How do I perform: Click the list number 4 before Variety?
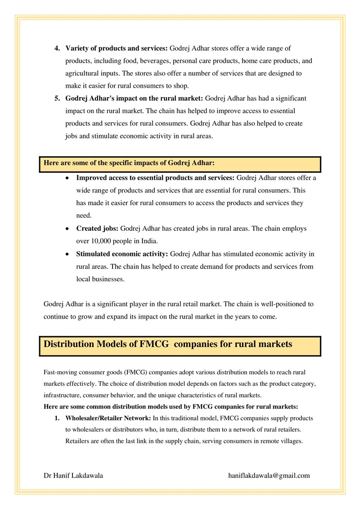point(57,48)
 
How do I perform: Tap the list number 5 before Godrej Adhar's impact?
point(57,98)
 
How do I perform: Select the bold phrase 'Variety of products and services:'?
point(117,48)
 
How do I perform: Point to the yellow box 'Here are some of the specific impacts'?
point(180,164)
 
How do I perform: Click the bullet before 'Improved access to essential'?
point(67,178)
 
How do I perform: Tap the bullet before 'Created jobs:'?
point(67,229)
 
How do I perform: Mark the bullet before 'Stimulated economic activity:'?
point(67,254)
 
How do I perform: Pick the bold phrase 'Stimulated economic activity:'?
point(122,254)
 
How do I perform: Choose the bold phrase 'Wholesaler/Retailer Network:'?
point(108,418)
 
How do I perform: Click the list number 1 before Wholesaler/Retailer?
point(57,418)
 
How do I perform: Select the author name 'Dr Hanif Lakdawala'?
point(73,475)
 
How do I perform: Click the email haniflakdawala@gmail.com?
point(269,475)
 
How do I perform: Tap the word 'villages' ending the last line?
point(290,441)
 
